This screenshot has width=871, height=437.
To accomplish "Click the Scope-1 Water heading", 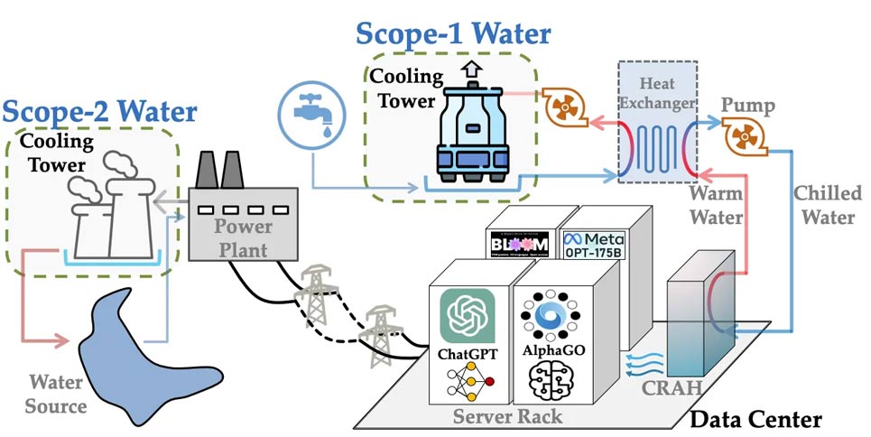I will pyautogui.click(x=452, y=33).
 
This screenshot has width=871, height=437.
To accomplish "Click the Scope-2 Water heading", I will pyautogui.click(x=99, y=112).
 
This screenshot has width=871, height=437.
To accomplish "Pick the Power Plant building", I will pyautogui.click(x=242, y=223).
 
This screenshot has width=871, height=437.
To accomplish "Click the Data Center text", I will pyautogui.click(x=755, y=418).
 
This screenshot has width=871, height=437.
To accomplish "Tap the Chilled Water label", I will pyautogui.click(x=827, y=205).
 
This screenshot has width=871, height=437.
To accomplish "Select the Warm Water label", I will pyautogui.click(x=717, y=205).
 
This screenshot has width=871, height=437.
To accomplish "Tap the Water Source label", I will pyautogui.click(x=56, y=394).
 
